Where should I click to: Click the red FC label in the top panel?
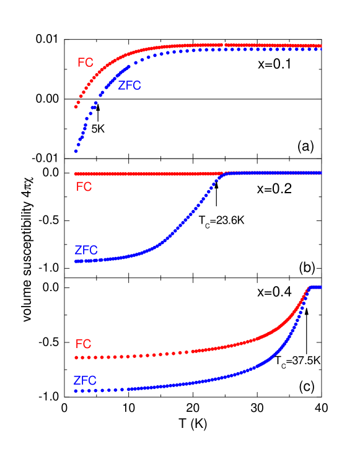[85, 63]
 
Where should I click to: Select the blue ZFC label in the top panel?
[130, 86]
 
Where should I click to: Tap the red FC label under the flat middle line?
[84, 186]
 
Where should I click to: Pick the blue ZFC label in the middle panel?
[86, 251]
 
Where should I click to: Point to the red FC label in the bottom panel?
[83, 344]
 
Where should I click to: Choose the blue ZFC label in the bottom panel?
[85, 380]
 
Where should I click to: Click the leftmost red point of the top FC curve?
[76, 107]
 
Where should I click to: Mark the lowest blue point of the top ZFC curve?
[76, 150]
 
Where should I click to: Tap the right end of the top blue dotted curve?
[320, 49]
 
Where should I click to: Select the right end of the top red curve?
[320, 45]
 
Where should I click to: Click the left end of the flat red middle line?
[76, 174]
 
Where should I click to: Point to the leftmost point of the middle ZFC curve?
[76, 261]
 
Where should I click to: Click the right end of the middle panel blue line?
[320, 173]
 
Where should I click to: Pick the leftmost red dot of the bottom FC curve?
[76, 357]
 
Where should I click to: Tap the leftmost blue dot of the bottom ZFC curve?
[76, 391]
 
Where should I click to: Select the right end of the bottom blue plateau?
[320, 287]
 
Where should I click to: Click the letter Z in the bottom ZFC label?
[77, 380]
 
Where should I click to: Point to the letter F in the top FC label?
[81, 63]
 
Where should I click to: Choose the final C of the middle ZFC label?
[94, 251]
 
